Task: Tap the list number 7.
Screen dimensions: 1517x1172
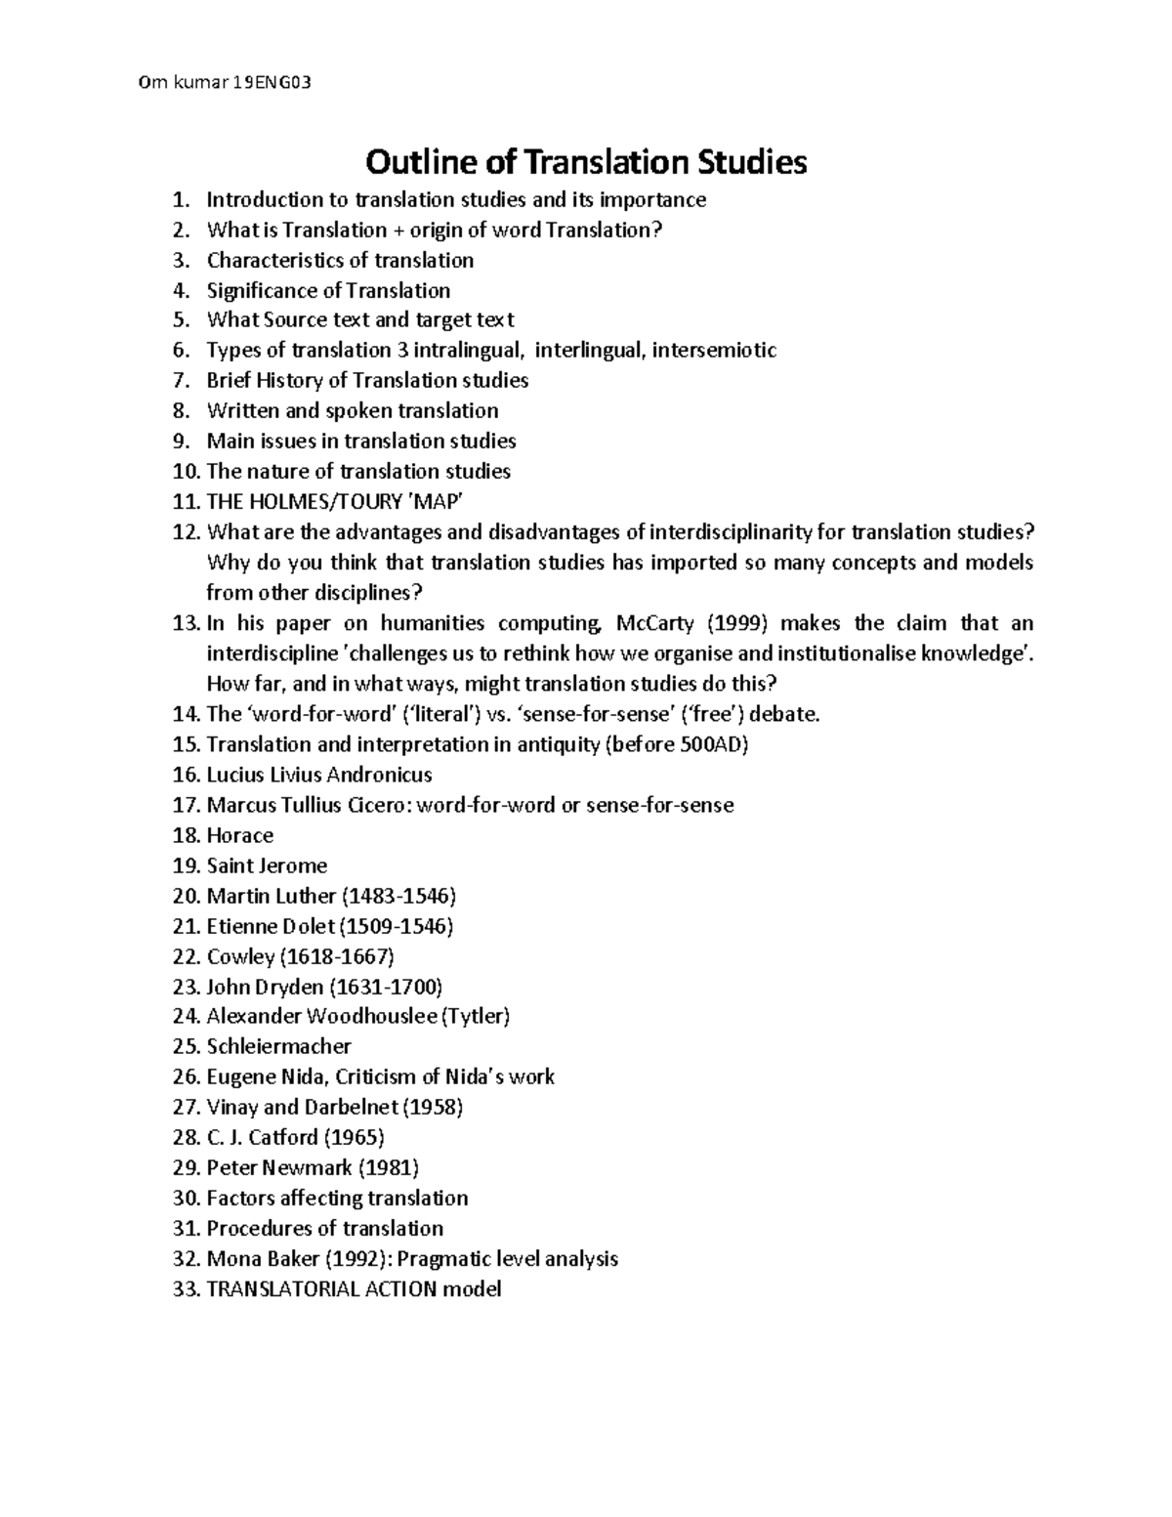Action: pos(179,381)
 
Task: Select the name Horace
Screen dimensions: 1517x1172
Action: pos(239,835)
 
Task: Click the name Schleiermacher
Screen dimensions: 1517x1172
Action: pos(278,1047)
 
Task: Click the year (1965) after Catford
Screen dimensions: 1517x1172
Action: pos(354,1138)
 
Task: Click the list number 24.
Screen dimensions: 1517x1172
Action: pos(185,1017)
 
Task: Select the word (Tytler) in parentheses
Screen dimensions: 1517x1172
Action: pos(475,1017)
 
